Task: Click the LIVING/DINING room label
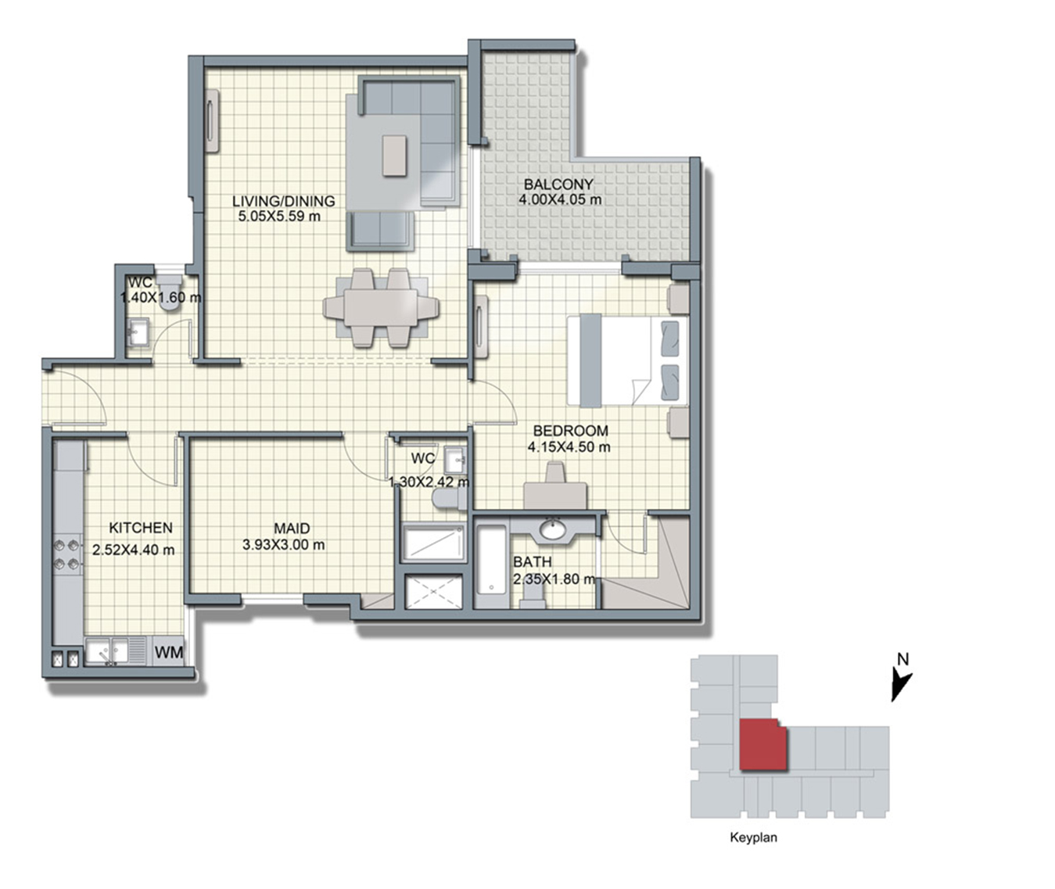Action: pyautogui.click(x=283, y=201)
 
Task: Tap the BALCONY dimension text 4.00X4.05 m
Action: pyautogui.click(x=560, y=199)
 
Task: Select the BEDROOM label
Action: pyautogui.click(x=570, y=431)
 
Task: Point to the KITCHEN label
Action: pyautogui.click(x=141, y=528)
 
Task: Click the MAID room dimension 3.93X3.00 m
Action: pyautogui.click(x=283, y=545)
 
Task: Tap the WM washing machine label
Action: pyautogui.click(x=169, y=652)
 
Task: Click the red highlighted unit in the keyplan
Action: pyautogui.click(x=763, y=744)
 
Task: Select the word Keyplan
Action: pyautogui.click(x=753, y=837)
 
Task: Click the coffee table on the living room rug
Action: pyautogui.click(x=395, y=155)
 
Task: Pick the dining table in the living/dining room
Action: pyautogui.click(x=381, y=308)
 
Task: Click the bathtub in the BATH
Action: pyautogui.click(x=492, y=566)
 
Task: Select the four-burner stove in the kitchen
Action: pyautogui.click(x=68, y=554)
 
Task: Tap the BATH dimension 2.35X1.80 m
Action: pyautogui.click(x=554, y=579)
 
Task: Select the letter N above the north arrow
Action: pyautogui.click(x=903, y=659)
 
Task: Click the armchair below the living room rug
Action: pyautogui.click(x=380, y=231)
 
